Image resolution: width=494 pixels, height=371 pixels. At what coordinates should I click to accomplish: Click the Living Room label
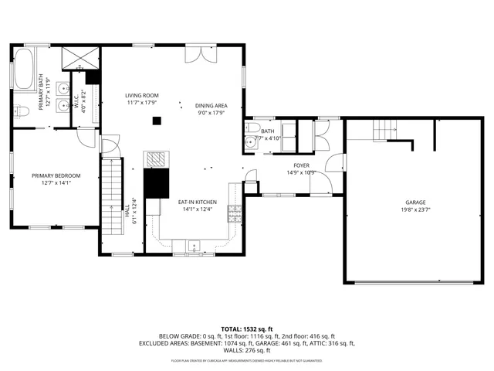(141, 96)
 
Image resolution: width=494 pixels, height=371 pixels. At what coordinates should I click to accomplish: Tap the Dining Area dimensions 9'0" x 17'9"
(210, 113)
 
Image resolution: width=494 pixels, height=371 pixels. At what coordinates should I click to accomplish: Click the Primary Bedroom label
(56, 175)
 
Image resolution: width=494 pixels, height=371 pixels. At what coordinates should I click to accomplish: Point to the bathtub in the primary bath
(24, 70)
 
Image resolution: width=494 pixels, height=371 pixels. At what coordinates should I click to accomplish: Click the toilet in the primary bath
(22, 111)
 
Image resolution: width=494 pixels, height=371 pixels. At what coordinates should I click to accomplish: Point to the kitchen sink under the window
(191, 247)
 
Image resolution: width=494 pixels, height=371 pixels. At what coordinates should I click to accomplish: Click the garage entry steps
(382, 132)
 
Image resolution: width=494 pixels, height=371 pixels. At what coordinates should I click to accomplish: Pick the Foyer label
(301, 165)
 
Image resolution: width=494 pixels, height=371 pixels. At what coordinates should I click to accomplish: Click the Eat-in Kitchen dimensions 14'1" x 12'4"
(198, 209)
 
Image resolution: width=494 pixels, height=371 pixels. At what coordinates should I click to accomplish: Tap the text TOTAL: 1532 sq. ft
(246, 328)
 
